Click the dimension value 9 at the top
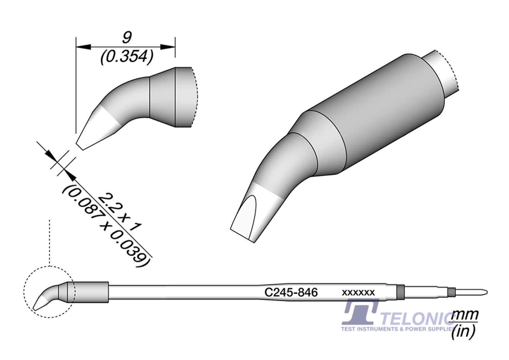coord(127,37)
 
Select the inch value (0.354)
coord(126,57)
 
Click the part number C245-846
coord(291,292)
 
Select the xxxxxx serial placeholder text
coord(358,292)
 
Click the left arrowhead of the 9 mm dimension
coord(83,47)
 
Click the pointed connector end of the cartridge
coord(484,292)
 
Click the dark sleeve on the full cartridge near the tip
coord(91,292)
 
